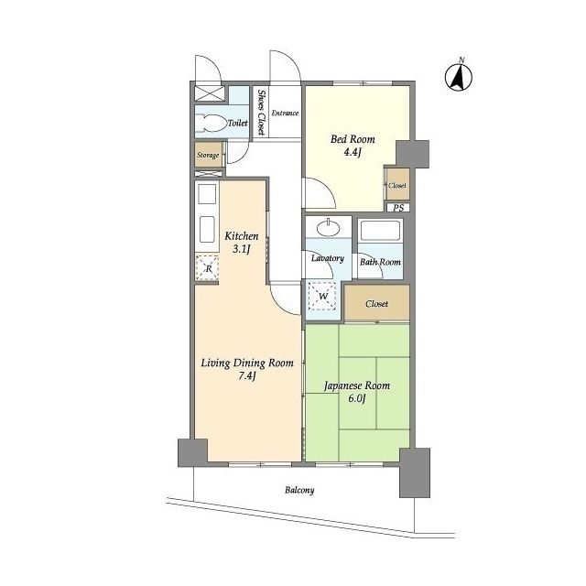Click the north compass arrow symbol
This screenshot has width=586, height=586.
(x=459, y=77)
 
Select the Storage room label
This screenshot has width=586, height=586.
(x=208, y=155)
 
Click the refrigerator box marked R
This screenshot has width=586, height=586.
(x=207, y=267)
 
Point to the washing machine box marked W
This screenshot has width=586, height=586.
(x=322, y=297)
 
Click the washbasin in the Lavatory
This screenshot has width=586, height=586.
(x=328, y=227)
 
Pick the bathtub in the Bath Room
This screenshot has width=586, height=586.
(x=380, y=230)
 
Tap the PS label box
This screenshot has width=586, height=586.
(x=398, y=208)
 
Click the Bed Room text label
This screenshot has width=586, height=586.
(x=353, y=139)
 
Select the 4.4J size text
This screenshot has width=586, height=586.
(x=352, y=152)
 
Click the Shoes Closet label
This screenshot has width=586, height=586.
(x=261, y=112)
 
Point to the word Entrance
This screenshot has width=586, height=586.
(x=285, y=113)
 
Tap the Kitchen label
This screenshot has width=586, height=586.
(x=242, y=236)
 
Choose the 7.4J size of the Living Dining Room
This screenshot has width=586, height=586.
(x=246, y=375)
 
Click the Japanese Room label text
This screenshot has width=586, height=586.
(x=357, y=385)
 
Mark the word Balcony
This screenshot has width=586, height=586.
(x=299, y=490)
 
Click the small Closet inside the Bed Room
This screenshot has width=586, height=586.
(x=397, y=185)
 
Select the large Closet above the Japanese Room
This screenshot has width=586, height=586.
(x=376, y=303)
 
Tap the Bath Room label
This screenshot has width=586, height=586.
(x=380, y=262)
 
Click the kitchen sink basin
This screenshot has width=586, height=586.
(x=207, y=230)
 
